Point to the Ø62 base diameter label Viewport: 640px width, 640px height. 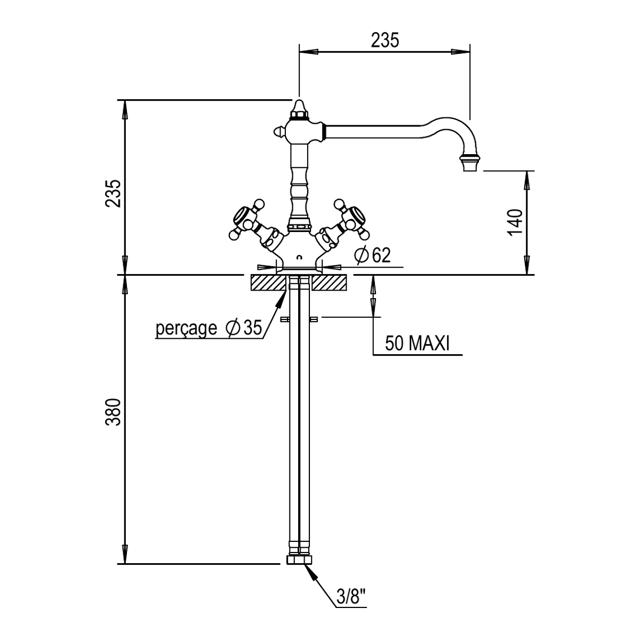[372, 255]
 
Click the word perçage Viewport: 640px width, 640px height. [186, 329]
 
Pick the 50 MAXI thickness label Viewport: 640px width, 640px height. [417, 343]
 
